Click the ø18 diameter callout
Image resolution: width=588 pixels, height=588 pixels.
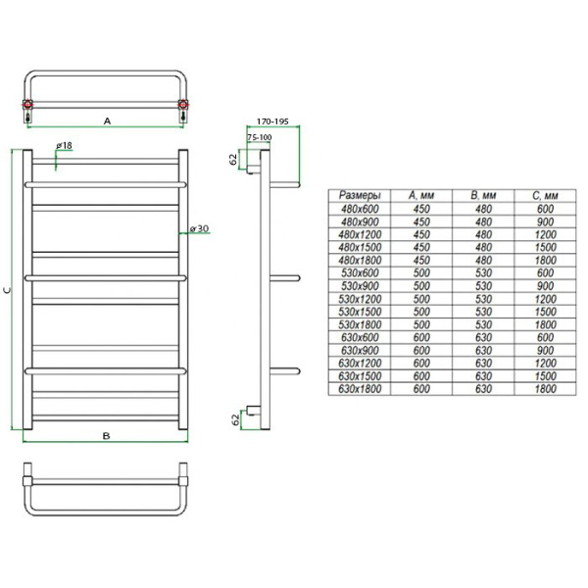point(67,146)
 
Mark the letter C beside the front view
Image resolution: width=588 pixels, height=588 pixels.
point(9,290)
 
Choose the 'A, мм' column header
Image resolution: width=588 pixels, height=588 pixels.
point(422,195)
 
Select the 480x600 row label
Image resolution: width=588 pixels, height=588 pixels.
point(358,208)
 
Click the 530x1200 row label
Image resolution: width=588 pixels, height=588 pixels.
point(358,298)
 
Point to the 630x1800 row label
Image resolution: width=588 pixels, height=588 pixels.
point(358,389)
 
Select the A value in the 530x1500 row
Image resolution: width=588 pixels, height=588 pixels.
point(422,311)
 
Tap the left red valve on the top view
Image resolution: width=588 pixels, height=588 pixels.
point(31,105)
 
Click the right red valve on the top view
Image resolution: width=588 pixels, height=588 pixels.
point(182,105)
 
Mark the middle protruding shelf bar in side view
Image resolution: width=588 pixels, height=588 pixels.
point(280,277)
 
